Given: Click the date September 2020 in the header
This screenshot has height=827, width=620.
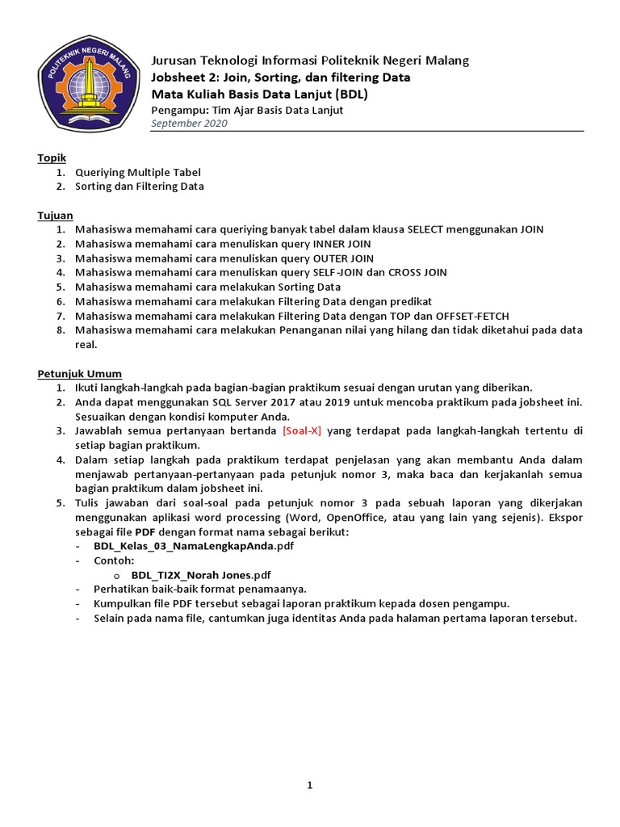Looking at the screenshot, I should coord(189,124).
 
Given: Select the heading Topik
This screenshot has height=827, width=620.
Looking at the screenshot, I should coord(52,157).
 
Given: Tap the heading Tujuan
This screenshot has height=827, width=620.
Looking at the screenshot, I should coord(55,216).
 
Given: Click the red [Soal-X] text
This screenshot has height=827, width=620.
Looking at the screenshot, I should coord(302,430).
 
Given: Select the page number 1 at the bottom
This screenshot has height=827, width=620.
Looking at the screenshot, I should coord(309,786).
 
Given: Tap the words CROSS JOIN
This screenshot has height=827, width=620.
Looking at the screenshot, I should coord(417,273).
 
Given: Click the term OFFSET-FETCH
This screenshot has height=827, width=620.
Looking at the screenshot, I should coord(472,316).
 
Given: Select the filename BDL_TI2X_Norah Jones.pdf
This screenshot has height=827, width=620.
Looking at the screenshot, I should coord(201,575).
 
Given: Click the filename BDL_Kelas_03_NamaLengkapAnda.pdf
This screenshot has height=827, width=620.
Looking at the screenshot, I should coord(194,547).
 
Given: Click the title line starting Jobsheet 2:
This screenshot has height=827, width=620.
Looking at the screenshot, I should coord(281,78).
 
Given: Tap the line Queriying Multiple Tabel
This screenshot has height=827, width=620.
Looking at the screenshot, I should coord(138,172).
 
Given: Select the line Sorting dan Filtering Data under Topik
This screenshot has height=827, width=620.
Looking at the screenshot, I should coord(140,187).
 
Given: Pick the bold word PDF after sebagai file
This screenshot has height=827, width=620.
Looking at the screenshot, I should coord(145,532).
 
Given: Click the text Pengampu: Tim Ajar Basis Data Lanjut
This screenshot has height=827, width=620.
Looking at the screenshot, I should coord(247,110).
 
